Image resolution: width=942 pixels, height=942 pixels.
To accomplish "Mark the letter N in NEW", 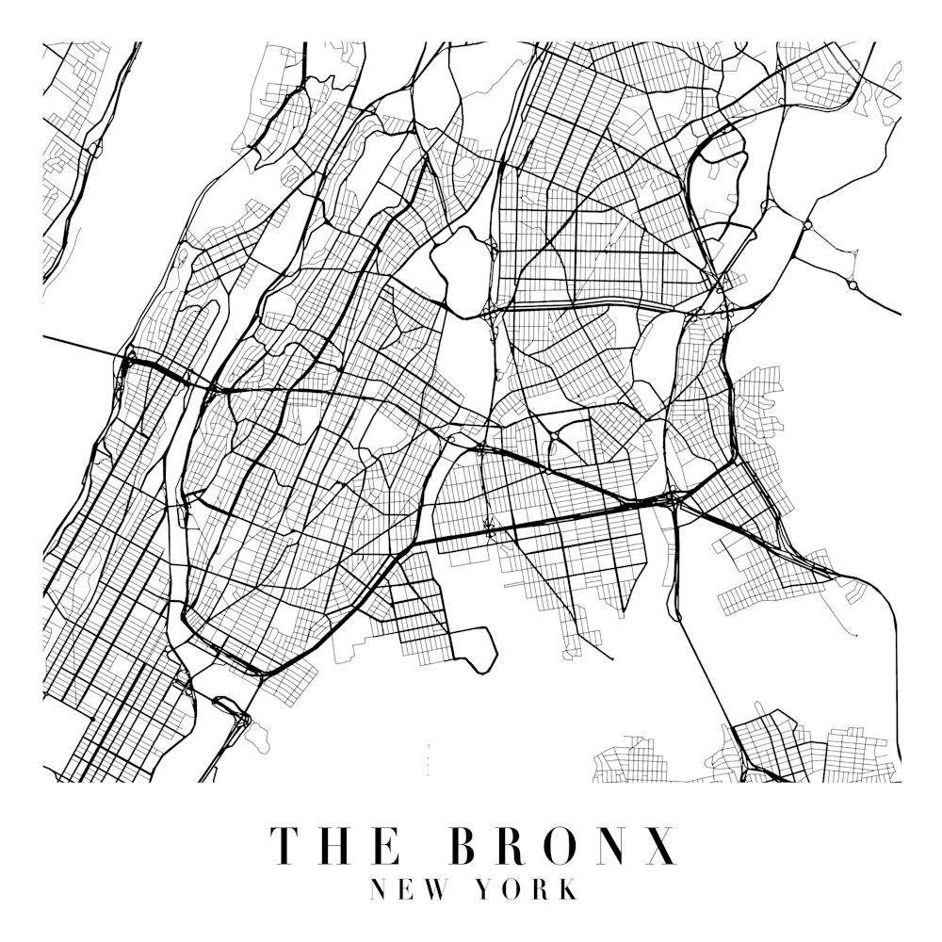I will coord(381,889).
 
